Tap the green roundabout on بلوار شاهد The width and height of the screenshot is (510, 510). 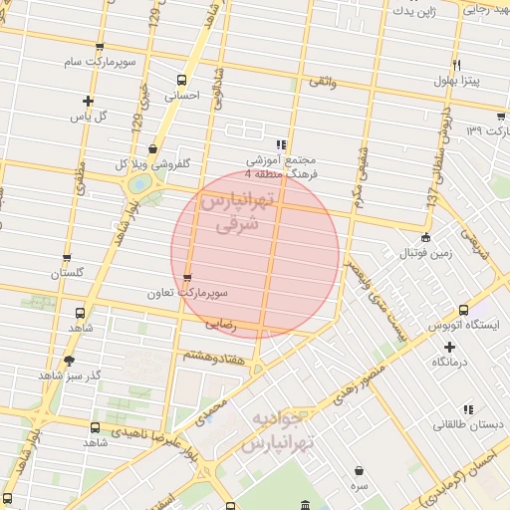coord(139,183)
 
